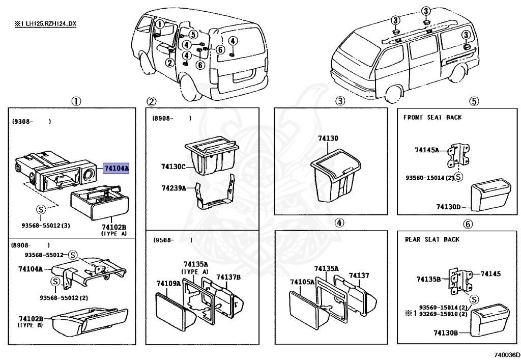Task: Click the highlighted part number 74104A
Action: click(x=116, y=169)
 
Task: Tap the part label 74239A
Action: click(x=173, y=188)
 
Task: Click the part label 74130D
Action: click(x=448, y=207)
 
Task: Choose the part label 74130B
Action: click(x=446, y=333)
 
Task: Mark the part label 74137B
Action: click(x=228, y=277)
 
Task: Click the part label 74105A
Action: click(x=302, y=282)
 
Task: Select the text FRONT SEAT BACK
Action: click(x=432, y=117)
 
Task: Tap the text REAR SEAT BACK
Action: click(x=432, y=239)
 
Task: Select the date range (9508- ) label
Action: click(x=172, y=240)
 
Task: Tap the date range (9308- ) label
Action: click(x=31, y=122)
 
